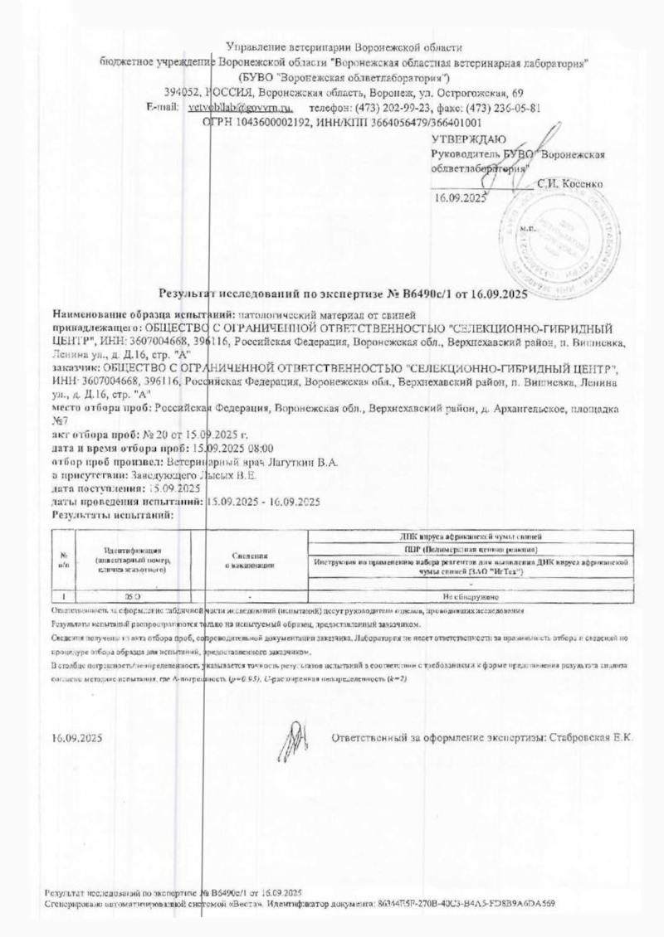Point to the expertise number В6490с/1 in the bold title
(x=424, y=293)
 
